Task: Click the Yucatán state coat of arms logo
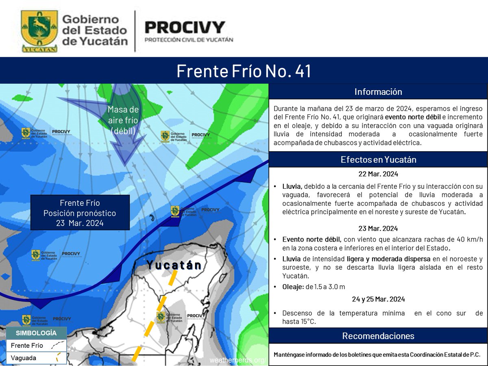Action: click(x=39, y=31)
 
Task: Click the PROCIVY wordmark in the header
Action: click(x=185, y=28)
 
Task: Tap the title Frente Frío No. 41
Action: click(x=244, y=71)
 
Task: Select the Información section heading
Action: click(x=378, y=91)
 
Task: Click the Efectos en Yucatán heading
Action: click(x=378, y=160)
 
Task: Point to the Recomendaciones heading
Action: click(x=378, y=336)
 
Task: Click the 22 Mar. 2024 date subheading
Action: click(x=378, y=174)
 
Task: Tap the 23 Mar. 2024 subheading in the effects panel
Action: click(x=378, y=228)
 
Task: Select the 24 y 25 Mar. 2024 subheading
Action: click(x=378, y=299)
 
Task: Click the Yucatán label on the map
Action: click(x=174, y=265)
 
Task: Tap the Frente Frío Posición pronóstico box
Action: click(x=80, y=213)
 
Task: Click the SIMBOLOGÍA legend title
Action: click(x=36, y=333)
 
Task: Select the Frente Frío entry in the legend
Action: click(x=27, y=346)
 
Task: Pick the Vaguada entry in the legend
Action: click(x=24, y=358)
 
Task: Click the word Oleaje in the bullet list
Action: click(x=293, y=287)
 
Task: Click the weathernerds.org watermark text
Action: click(x=238, y=360)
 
